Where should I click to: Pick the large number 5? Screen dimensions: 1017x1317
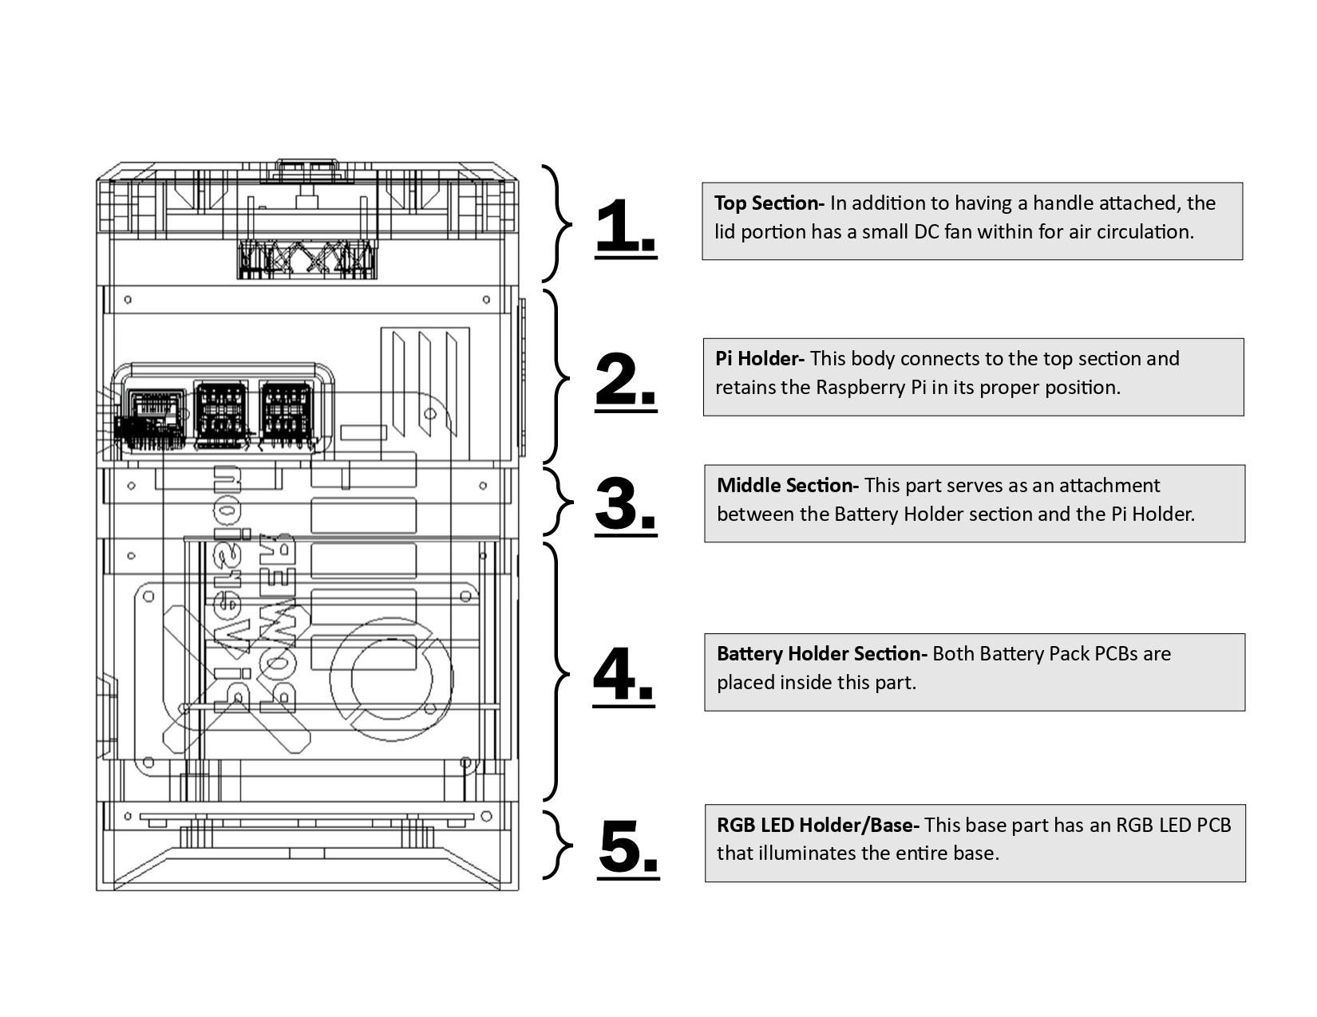pyautogui.click(x=627, y=847)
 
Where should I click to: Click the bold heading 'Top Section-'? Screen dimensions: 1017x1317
pyautogui.click(x=769, y=203)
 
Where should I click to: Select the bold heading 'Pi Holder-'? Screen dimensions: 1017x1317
pyautogui.click(x=759, y=359)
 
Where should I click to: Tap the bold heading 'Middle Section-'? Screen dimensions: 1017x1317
pyautogui.click(x=787, y=486)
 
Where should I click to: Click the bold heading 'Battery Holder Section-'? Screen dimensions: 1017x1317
pyautogui.click(x=821, y=654)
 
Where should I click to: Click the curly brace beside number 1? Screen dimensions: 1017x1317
pyautogui.click(x=559, y=224)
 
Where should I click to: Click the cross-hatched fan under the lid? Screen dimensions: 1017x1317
pyautogui.click(x=307, y=259)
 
